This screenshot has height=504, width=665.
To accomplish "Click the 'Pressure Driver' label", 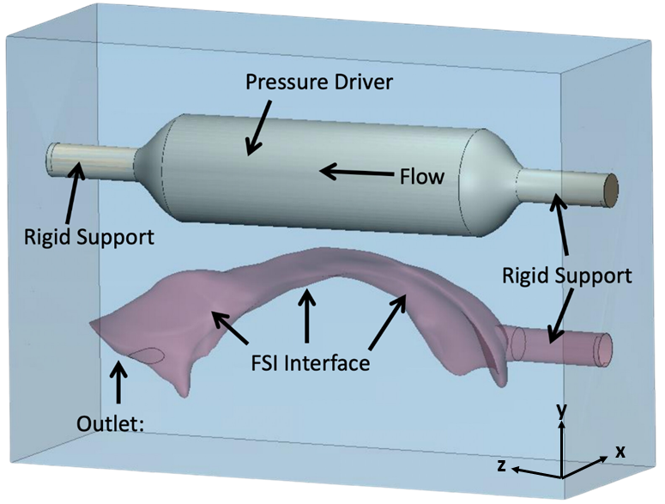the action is (319, 82).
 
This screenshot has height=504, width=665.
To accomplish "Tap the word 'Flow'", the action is (422, 176).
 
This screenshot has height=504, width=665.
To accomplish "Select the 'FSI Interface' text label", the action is (310, 363).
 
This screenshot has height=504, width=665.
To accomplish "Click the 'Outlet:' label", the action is (110, 423).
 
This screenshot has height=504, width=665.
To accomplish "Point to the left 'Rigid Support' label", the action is (89, 237).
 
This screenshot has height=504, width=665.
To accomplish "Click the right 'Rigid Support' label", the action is (567, 276).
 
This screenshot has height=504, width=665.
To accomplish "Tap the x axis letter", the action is (620, 452).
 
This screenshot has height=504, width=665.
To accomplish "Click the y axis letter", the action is (561, 410).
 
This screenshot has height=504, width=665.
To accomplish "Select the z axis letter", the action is (501, 466).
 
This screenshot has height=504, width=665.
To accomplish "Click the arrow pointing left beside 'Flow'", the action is (357, 173).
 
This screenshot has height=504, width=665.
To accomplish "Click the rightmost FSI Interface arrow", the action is (388, 322).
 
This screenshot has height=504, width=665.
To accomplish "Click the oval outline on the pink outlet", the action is (147, 355).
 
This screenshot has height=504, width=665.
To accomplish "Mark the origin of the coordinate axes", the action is (562, 477).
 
